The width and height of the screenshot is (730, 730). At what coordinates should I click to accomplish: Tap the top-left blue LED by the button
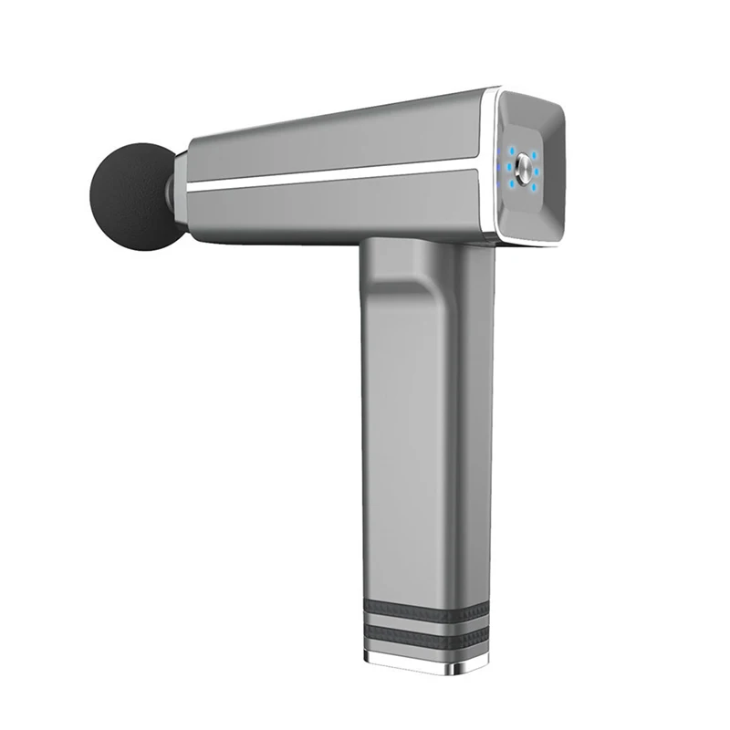pyautogui.click(x=512, y=151)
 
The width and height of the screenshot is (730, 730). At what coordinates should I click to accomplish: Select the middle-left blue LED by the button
pyautogui.click(x=509, y=167)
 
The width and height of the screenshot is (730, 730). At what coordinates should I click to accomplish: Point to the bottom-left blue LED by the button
pyautogui.click(x=512, y=183)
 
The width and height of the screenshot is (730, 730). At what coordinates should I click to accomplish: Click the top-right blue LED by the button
pyautogui.click(x=534, y=155)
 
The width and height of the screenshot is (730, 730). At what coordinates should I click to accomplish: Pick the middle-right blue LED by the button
pyautogui.click(x=537, y=172)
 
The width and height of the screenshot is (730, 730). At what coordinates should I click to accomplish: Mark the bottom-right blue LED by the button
pyautogui.click(x=534, y=187)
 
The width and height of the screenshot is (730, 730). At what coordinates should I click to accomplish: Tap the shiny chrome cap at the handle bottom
pyautogui.click(x=420, y=664)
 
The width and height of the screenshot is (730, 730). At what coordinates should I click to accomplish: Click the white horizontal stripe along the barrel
pyautogui.click(x=347, y=172)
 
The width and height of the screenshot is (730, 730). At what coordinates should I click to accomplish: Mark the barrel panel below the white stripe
pyautogui.click(x=347, y=205)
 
